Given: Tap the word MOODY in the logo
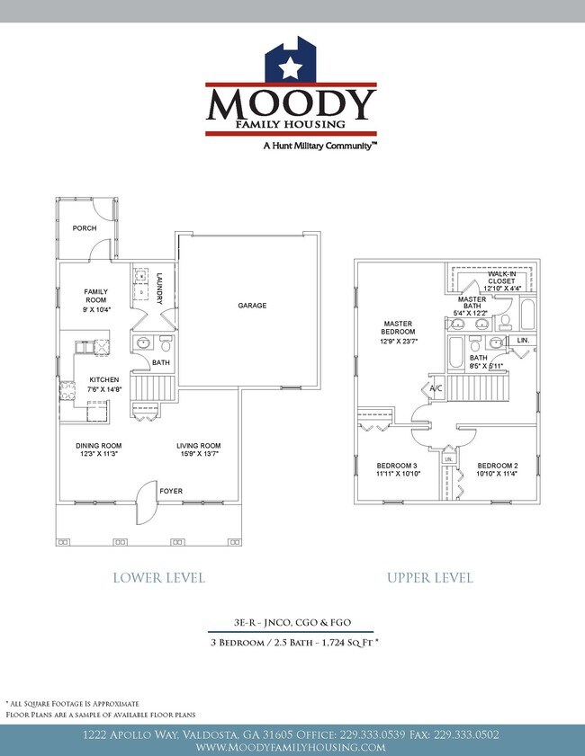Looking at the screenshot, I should tap(290, 105).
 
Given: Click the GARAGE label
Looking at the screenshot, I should tap(252, 306).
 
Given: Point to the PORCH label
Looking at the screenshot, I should tap(85, 228).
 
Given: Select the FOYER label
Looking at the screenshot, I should tap(171, 492).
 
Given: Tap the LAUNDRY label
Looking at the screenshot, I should tap(159, 288).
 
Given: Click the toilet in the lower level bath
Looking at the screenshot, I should tap(165, 343).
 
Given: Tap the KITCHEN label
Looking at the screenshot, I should tap(101, 379).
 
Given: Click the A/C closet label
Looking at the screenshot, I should tap(434, 387).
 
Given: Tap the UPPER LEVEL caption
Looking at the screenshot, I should tap(430, 577).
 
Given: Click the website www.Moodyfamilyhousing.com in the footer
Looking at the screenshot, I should tap(291, 747).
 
